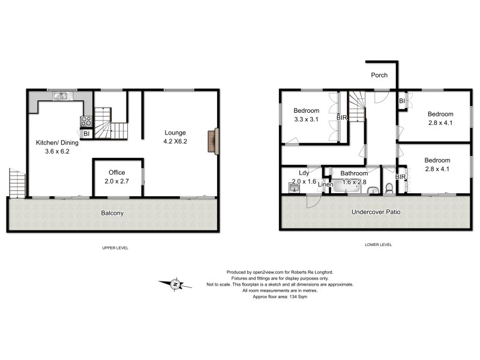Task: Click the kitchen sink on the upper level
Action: [x=61, y=95]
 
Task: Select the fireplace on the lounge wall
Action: [x=212, y=142]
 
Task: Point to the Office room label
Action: [x=116, y=172]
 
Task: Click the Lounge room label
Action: [x=176, y=133]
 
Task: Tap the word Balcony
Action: [x=112, y=213]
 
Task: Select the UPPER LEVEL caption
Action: [x=115, y=248]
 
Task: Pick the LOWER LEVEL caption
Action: [x=379, y=245]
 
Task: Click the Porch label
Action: [x=379, y=76]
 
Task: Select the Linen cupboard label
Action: [x=326, y=184]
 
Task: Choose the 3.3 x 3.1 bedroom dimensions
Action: [x=306, y=120]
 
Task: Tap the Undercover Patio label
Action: [x=376, y=212]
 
